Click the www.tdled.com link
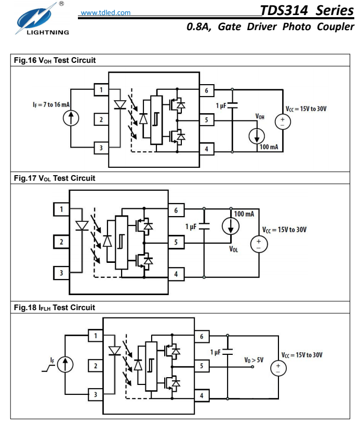click(105, 12)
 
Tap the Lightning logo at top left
click(42, 19)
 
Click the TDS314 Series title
click(307, 10)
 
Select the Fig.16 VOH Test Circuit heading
click(55, 60)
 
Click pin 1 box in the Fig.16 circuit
click(101, 90)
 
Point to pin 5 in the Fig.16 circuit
click(206, 120)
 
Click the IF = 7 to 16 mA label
click(51, 104)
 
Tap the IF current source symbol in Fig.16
click(71, 118)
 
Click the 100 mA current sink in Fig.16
click(257, 136)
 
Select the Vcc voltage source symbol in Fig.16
click(283, 122)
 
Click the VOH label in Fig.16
click(260, 116)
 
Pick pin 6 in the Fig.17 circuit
click(176, 210)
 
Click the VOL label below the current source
click(233, 249)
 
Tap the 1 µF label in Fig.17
click(191, 227)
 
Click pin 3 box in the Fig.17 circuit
click(61, 273)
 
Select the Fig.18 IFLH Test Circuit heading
click(55, 308)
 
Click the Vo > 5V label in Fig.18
click(254, 360)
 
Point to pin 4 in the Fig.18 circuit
click(202, 395)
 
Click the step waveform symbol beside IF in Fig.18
click(48, 368)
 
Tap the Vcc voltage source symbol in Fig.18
click(278, 368)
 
